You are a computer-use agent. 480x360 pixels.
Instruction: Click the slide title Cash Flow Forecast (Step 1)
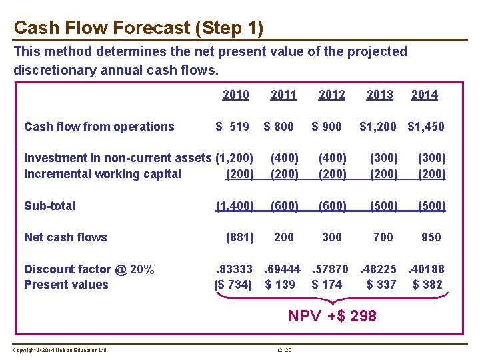[x=139, y=28]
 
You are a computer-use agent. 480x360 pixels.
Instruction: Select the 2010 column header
[x=235, y=95]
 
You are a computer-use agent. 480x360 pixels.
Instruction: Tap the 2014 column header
[x=424, y=95]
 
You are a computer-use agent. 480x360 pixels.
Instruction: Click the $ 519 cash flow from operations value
[x=231, y=127]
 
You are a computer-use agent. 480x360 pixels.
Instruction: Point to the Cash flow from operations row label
[x=99, y=127]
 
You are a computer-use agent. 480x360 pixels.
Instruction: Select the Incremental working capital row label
[x=102, y=174]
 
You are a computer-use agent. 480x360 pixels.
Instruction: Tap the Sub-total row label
[x=49, y=206]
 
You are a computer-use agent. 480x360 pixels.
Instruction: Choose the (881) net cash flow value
[x=239, y=237]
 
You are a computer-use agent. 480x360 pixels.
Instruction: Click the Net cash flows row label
[x=65, y=237]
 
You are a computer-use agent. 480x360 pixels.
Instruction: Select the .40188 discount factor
[x=426, y=269]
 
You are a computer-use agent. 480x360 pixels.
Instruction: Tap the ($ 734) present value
[x=233, y=285]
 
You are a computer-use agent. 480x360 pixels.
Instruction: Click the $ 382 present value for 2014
[x=427, y=285]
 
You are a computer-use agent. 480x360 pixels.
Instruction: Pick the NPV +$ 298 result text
[x=332, y=316]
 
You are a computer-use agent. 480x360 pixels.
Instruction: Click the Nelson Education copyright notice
[x=60, y=350]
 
